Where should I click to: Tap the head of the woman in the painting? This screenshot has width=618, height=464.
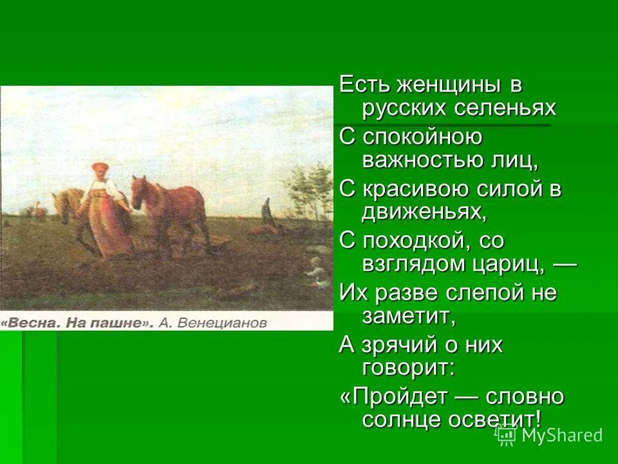99,169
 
